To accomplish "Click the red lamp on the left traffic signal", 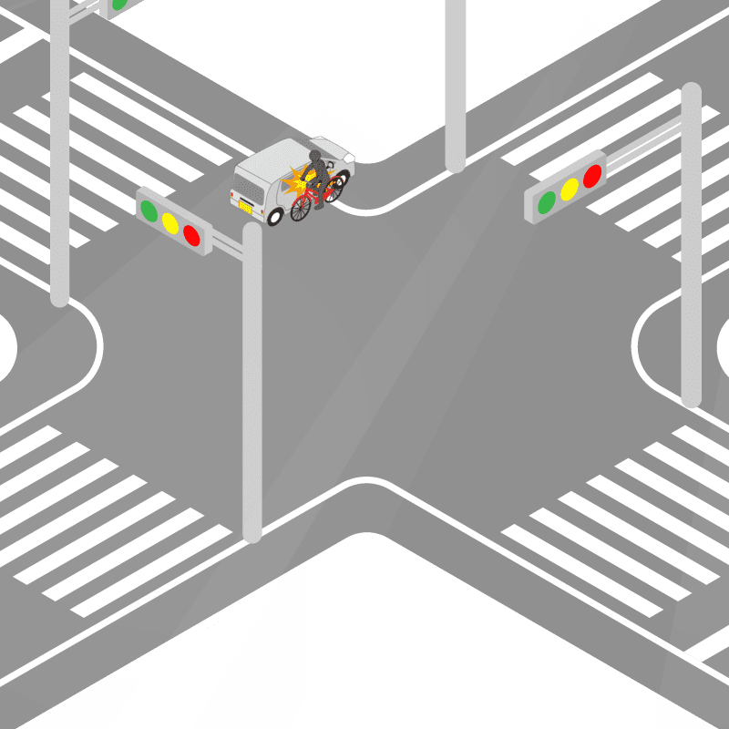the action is pos(191,235).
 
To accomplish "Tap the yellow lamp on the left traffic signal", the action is pos(169,222).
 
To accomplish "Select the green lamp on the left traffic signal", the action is pos(149,210).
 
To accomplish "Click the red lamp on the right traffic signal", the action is pos(592,176).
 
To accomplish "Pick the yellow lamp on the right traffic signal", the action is pos(570,189).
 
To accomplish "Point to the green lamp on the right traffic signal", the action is pos(547,201).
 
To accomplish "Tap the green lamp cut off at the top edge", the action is pos(118,4).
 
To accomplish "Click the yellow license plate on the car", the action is pos(244,206).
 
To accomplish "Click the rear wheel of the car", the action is pos(275,217).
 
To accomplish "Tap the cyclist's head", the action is pos(316,157).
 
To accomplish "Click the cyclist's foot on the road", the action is pos(319,206).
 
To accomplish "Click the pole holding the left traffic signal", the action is pos(252,383).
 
